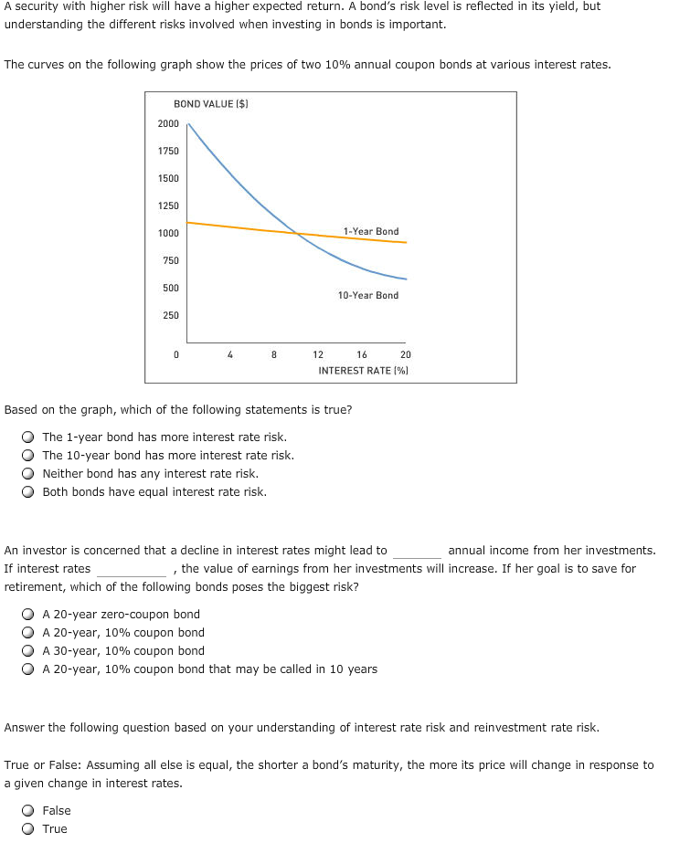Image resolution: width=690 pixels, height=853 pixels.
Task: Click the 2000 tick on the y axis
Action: pyautogui.click(x=168, y=123)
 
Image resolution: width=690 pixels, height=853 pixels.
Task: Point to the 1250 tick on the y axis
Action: pyautogui.click(x=168, y=205)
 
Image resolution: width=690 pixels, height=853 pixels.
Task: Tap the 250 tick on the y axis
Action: pyautogui.click(x=170, y=315)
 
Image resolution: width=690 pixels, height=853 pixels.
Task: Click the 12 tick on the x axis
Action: pyautogui.click(x=318, y=354)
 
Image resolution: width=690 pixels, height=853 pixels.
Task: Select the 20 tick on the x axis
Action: pyautogui.click(x=406, y=354)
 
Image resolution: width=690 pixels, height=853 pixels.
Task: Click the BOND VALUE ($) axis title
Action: pyautogui.click(x=212, y=105)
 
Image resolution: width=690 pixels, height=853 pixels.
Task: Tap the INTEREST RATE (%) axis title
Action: pyautogui.click(x=363, y=370)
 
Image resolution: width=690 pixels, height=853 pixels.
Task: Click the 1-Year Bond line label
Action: pyautogui.click(x=371, y=231)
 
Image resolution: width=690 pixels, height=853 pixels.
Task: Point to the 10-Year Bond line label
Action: pyautogui.click(x=367, y=295)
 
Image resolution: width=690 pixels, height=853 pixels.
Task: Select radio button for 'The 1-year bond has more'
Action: pyautogui.click(x=29, y=437)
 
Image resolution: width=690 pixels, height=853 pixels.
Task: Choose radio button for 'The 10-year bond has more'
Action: pyautogui.click(x=29, y=456)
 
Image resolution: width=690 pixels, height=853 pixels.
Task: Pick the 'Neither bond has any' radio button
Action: pyautogui.click(x=29, y=474)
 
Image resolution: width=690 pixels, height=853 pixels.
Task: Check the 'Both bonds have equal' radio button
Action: pyautogui.click(x=29, y=492)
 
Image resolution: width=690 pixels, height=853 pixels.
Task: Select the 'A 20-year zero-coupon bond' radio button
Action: pyautogui.click(x=29, y=615)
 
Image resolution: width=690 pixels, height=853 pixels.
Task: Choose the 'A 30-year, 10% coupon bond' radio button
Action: pyautogui.click(x=29, y=651)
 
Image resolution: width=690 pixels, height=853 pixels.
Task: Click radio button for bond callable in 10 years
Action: pyautogui.click(x=29, y=669)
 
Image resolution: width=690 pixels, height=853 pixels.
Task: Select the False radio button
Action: pyautogui.click(x=29, y=811)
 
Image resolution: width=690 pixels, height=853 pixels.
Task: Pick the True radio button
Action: pyautogui.click(x=29, y=829)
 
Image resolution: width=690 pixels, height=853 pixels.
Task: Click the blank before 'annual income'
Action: pyautogui.click(x=417, y=552)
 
